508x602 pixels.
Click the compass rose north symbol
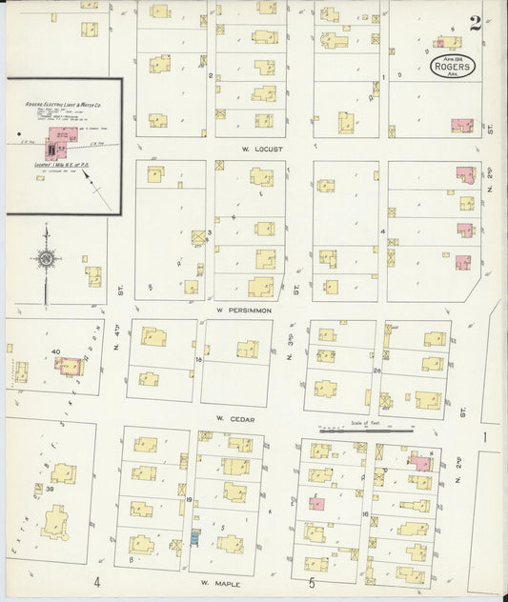(x=45, y=257)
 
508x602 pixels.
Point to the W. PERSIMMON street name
(x=244, y=311)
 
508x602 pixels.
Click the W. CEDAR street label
(x=232, y=418)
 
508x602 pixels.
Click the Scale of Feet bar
(x=366, y=431)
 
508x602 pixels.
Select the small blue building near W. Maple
(x=196, y=538)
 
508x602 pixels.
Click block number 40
(x=56, y=352)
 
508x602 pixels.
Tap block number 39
(x=48, y=488)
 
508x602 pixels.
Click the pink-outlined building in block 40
(x=70, y=367)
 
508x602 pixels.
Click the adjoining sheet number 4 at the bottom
(x=96, y=582)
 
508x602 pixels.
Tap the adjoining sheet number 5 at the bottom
(x=311, y=582)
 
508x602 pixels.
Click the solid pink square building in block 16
(x=315, y=504)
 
